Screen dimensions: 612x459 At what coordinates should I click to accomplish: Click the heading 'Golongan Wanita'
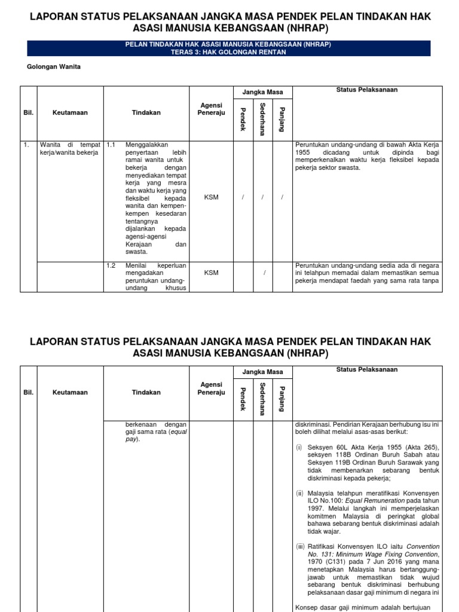54,67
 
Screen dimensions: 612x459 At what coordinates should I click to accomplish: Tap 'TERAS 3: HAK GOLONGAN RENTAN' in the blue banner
229,52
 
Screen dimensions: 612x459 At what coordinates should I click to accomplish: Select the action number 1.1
111,145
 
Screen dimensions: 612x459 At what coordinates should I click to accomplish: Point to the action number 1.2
111,265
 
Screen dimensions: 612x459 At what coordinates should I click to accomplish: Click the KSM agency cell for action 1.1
211,198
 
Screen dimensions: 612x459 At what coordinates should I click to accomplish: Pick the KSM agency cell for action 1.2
211,273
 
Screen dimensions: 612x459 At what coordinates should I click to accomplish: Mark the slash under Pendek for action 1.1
243,198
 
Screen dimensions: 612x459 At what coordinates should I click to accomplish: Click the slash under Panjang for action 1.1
282,198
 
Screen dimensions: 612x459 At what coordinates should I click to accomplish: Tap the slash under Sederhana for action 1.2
262,273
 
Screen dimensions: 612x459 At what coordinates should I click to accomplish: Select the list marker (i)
299,447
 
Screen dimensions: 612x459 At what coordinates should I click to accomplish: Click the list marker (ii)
300,493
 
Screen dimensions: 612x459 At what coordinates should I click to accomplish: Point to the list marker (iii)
301,547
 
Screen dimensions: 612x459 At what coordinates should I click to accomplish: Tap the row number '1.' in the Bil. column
26,145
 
